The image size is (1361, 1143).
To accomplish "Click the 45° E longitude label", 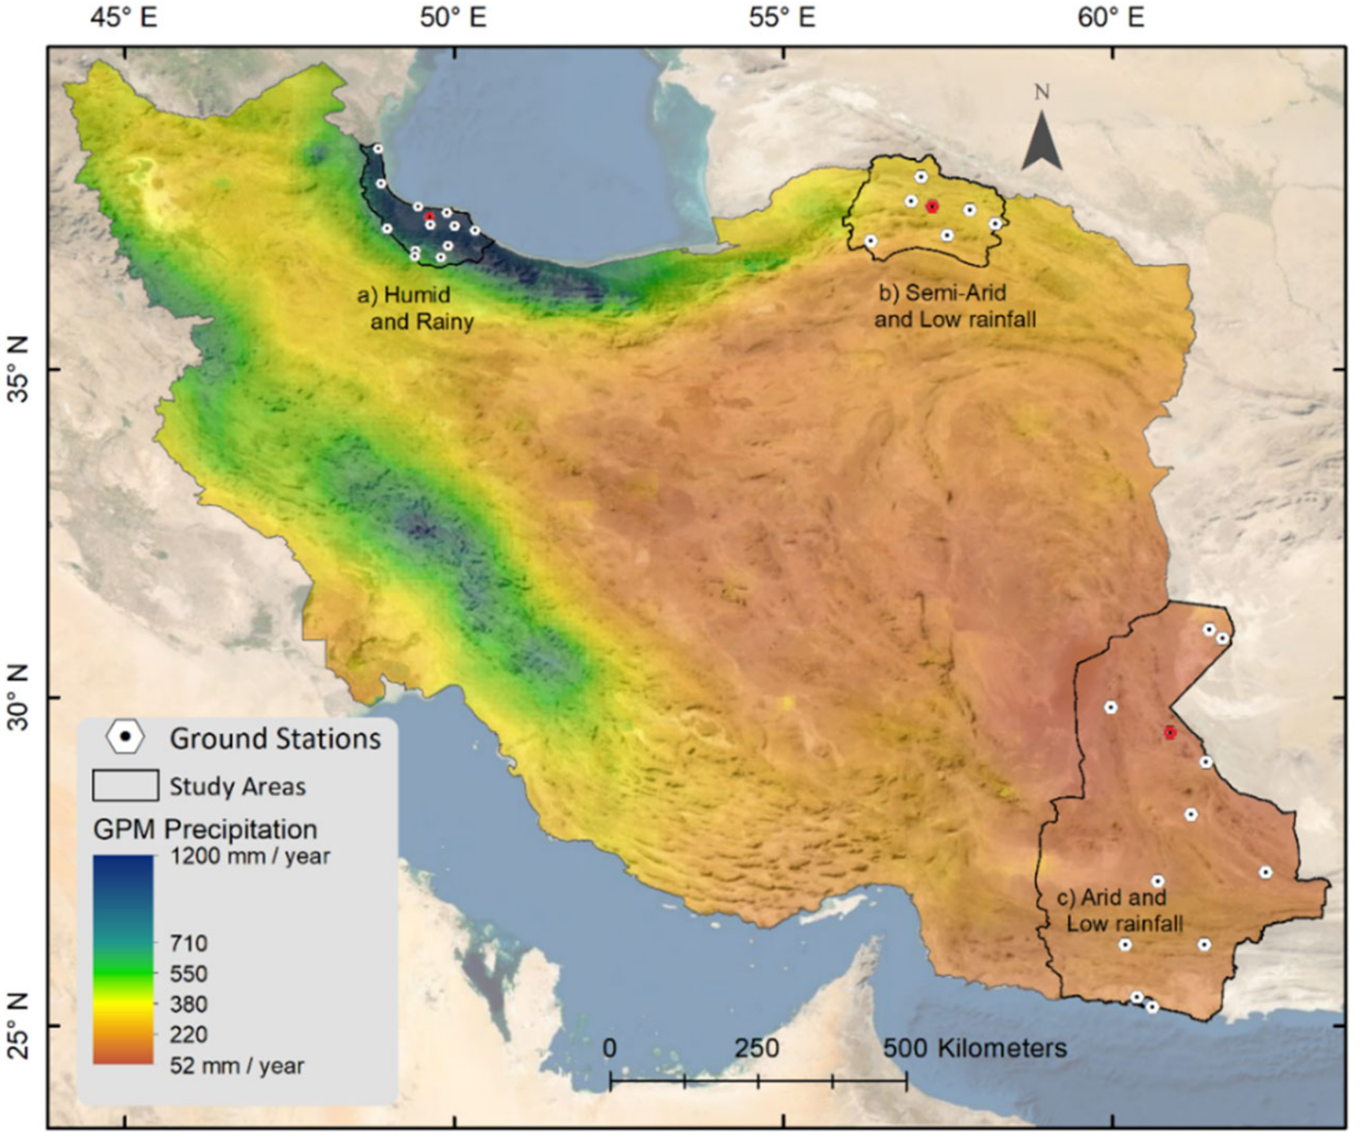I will (x=124, y=17).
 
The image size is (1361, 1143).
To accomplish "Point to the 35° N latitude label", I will (x=18, y=370).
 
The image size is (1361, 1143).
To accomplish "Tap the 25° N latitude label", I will (x=18, y=1026).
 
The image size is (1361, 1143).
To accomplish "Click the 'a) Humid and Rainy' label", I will (x=415, y=308).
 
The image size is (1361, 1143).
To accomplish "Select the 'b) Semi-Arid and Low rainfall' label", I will (x=954, y=305).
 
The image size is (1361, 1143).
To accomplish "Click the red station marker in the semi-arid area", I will (x=932, y=207).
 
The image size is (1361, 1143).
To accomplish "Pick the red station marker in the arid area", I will (x=1170, y=733).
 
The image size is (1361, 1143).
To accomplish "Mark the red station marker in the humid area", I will (x=429, y=216).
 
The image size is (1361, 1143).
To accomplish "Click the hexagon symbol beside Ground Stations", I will (x=125, y=737).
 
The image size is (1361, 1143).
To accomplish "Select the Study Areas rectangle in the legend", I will (x=125, y=785).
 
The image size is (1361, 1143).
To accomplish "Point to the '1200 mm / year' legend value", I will (x=250, y=856).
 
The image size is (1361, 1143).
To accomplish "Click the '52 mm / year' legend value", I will (x=237, y=1065).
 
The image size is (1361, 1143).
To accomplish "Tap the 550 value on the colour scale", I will (x=189, y=974).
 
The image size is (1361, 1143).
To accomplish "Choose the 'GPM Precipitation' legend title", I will (x=205, y=829).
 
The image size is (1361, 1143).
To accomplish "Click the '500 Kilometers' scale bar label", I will (x=974, y=1048).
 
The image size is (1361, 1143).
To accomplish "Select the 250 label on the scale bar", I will (x=756, y=1048).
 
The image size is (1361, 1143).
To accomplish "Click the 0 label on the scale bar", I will (x=610, y=1048).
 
